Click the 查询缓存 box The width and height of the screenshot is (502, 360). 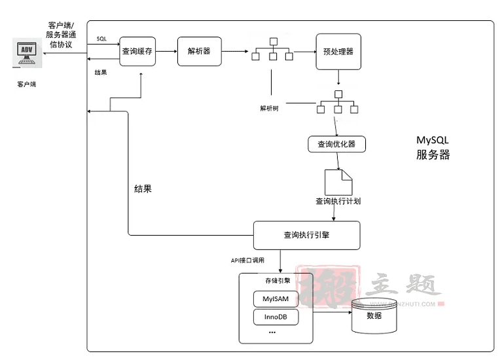(139, 51)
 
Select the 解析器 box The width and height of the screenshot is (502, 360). (199, 51)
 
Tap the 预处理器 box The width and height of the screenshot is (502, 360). (338, 51)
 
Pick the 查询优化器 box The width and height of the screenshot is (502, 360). (336, 144)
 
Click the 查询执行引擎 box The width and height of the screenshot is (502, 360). (307, 235)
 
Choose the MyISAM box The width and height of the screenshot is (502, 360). (276, 299)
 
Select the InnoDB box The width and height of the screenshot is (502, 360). (276, 318)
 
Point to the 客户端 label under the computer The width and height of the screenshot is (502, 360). (27, 84)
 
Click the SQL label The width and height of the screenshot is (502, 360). (101, 39)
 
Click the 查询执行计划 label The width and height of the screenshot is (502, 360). (338, 201)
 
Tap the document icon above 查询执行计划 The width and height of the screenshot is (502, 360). (338, 181)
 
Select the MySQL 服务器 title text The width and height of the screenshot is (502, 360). (433, 148)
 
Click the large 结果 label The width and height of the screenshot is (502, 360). (143, 189)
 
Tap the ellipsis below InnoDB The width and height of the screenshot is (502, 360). (272, 333)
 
